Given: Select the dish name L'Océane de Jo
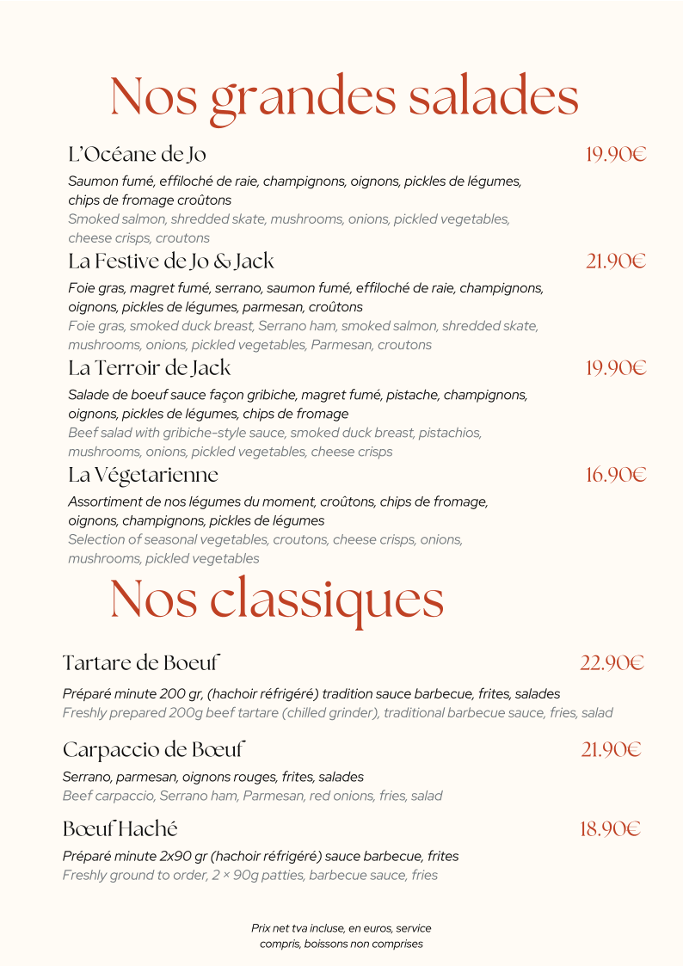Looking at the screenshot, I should coord(137,155).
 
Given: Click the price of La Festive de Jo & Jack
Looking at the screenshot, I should coord(616,261).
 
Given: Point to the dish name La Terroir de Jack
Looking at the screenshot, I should coord(150,368).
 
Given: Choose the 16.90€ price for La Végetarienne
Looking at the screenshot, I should coord(616,475).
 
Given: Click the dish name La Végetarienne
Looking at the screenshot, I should coord(143,475).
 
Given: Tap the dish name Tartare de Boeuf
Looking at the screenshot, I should coord(142,663).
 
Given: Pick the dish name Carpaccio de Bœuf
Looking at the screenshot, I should coord(154,749).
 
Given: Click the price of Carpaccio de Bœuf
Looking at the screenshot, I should coord(611,750).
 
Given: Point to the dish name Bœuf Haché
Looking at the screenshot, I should coord(120,829).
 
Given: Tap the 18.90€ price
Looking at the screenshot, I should coord(611,830).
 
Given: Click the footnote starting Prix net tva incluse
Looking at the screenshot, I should coord(341,936).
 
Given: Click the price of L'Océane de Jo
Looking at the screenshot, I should coord(616,155).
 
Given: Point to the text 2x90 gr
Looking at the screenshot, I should coord(178,856).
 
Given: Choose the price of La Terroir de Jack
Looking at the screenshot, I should coord(616,368).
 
